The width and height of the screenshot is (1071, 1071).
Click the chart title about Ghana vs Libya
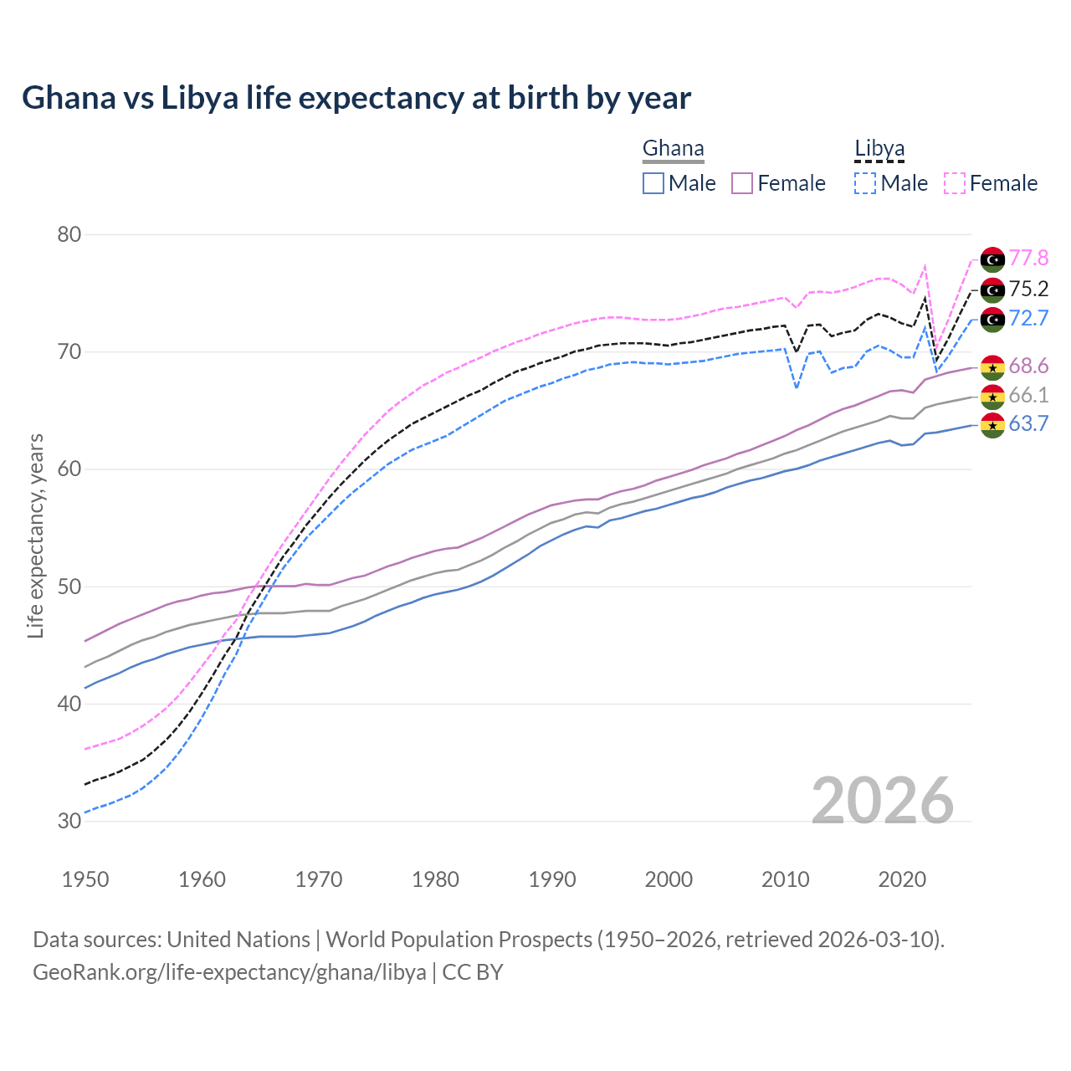coord(356,98)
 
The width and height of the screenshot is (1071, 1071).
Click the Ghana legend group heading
coord(673,149)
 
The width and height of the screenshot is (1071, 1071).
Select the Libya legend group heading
coord(879,149)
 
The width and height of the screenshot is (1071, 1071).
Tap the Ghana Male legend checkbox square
coord(653,183)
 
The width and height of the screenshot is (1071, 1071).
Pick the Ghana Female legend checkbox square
coord(743,183)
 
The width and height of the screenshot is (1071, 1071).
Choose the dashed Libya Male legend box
coord(865,183)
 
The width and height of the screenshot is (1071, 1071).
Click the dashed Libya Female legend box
coord(955,183)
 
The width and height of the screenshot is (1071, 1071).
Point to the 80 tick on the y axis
coord(69,234)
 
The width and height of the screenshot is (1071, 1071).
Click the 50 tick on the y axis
coord(69,587)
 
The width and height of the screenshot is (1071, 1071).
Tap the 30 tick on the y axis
coord(69,821)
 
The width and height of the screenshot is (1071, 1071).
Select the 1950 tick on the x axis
coord(85,879)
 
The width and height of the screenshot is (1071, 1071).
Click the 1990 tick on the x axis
coord(552,879)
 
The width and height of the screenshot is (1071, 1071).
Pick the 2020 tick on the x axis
coord(902,879)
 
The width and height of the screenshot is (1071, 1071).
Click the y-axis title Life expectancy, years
coord(35,535)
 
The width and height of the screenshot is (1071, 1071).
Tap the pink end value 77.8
coord(1028,259)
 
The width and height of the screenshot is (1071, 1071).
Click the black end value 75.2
coord(1028,290)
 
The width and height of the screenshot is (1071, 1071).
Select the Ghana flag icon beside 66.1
coord(992,397)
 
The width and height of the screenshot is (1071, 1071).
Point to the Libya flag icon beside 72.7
coord(992,319)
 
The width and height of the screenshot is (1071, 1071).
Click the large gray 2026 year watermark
coord(883,801)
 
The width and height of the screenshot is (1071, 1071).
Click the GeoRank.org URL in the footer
coord(229,972)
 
